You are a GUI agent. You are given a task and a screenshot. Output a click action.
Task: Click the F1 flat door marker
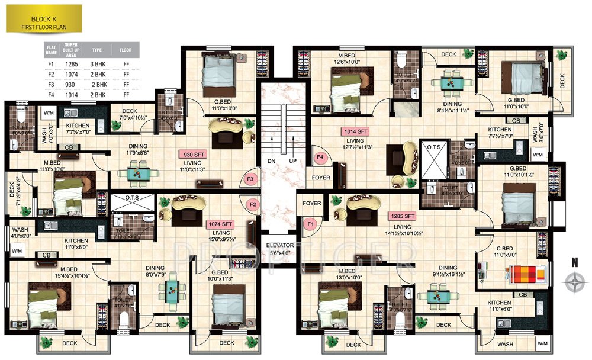[x=309, y=223]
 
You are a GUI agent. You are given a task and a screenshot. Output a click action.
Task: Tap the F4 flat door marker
[x=320, y=158]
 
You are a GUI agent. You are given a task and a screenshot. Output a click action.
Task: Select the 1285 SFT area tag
[x=402, y=216]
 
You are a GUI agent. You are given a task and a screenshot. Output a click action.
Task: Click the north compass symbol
[x=574, y=282]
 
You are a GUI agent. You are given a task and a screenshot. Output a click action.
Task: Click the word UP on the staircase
[x=291, y=160]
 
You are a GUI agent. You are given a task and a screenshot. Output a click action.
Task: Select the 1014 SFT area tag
[x=354, y=131]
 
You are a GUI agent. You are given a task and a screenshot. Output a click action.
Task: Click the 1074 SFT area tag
[x=219, y=224]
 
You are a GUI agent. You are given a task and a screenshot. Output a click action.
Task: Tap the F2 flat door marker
[x=254, y=205]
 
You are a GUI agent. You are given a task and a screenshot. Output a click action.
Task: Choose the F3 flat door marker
[x=250, y=178]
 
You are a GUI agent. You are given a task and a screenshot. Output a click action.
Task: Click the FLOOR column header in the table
[x=125, y=50]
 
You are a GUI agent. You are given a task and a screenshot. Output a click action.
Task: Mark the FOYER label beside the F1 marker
[x=311, y=203]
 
